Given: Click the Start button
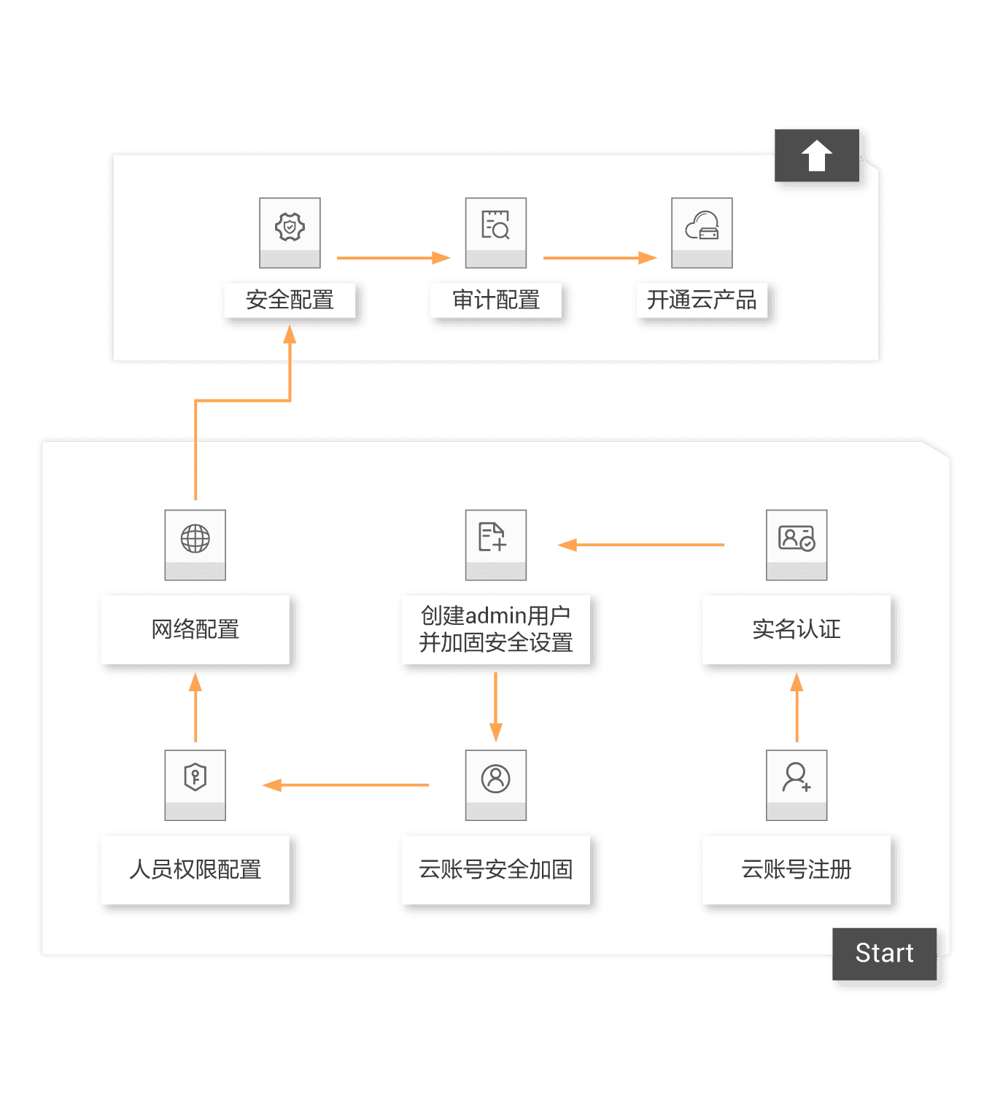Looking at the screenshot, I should point(884,954).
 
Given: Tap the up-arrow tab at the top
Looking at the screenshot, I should point(816,155).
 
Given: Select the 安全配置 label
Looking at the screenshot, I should point(290,300).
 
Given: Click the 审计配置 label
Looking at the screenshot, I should point(496,300).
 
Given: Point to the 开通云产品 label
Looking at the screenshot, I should point(702,300).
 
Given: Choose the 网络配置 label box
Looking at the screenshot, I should point(195,629).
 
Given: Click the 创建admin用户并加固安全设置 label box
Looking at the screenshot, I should point(496,629).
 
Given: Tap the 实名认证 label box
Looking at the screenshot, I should point(797,629).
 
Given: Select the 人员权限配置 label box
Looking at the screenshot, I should point(195,870).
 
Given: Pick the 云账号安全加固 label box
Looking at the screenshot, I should point(496,870).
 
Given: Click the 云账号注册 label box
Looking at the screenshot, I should point(797,870).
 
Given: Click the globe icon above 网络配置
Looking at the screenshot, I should point(195,539).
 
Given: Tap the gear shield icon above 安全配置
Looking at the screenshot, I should point(290,227).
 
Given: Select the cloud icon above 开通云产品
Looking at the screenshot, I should point(702,227).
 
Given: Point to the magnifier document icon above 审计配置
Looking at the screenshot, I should point(496,225).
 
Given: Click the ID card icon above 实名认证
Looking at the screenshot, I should point(797,539).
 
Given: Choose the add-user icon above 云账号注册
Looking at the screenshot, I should point(797,778).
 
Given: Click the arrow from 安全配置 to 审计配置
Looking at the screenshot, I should point(393,258).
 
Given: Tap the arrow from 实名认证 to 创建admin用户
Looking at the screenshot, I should point(641,545).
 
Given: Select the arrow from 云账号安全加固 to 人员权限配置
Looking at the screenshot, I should point(346,785).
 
